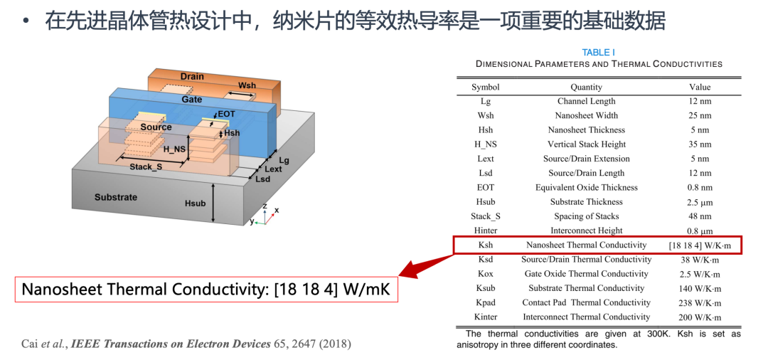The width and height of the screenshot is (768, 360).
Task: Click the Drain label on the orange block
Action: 191,76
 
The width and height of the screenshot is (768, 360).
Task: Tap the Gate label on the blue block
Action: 191,100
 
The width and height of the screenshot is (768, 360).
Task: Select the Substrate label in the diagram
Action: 116,197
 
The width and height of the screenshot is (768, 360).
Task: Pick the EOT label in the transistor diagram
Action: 227,114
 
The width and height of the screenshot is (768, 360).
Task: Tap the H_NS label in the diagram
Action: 175,149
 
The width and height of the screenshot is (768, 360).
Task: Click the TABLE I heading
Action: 599,53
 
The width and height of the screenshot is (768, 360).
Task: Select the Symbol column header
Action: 486,88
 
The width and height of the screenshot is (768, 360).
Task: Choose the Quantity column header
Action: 586,88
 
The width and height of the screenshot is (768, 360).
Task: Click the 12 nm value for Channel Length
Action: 700,102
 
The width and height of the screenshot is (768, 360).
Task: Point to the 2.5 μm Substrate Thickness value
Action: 700,202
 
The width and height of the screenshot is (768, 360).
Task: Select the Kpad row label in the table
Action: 486,302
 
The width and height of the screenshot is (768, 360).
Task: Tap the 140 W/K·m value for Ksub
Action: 700,288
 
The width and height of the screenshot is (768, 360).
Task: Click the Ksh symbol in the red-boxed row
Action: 486,245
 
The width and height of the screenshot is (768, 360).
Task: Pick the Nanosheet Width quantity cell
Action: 586,115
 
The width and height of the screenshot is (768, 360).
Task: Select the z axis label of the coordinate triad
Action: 265,206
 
